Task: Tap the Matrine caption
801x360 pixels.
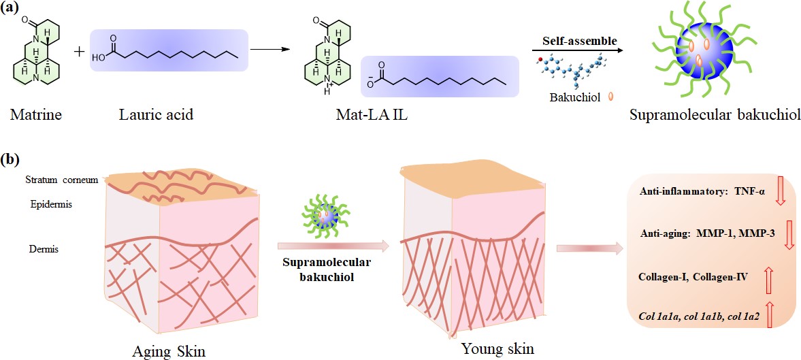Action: point(36,114)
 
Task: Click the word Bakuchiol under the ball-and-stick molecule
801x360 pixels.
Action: point(574,98)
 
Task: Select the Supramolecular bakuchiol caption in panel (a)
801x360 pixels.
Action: point(703,114)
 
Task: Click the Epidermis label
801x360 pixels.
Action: point(50,203)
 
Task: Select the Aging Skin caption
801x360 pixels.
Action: point(170,351)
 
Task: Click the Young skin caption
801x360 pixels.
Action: point(497,349)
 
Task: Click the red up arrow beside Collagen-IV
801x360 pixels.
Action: point(770,278)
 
